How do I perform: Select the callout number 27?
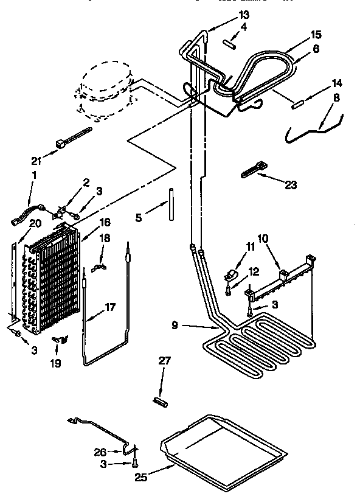tap(164, 361)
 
